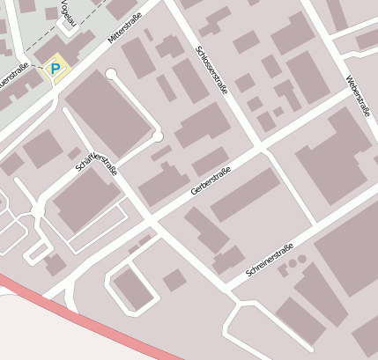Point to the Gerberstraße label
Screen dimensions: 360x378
[x=210, y=181]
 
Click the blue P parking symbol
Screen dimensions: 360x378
[x=56, y=68]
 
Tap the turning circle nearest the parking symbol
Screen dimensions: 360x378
[x=111, y=74]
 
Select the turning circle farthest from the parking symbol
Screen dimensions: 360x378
[x=157, y=136]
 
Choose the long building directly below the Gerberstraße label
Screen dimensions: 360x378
[x=244, y=195]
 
